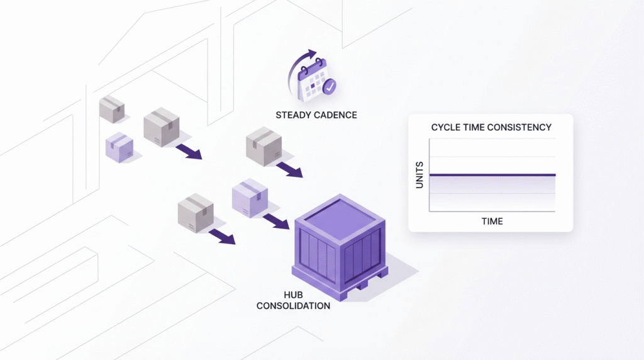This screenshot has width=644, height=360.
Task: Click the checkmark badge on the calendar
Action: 330,87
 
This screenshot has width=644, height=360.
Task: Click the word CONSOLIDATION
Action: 293,306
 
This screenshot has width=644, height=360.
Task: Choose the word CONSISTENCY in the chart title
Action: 522,127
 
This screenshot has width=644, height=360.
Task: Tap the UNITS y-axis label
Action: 419,175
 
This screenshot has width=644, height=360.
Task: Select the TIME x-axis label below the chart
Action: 492,221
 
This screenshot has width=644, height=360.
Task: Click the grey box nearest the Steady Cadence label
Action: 263,146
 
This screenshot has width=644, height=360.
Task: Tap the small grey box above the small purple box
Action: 112,109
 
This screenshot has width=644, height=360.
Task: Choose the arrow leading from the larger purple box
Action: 275,221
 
